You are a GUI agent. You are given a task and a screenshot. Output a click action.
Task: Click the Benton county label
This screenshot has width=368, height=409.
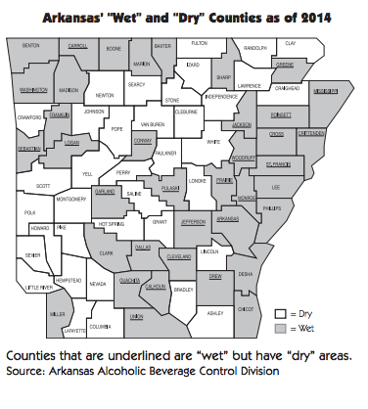[x=31, y=46]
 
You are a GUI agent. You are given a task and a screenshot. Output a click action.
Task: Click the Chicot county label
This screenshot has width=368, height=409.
[x=247, y=308]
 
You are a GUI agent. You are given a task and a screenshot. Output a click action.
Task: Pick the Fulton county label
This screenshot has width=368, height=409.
[x=199, y=44]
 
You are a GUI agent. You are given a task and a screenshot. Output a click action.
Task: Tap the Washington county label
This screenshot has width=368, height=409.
[x=31, y=89]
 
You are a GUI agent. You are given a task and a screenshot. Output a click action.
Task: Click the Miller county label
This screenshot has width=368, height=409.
[x=58, y=314]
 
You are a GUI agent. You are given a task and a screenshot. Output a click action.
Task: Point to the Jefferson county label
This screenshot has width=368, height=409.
[x=193, y=222]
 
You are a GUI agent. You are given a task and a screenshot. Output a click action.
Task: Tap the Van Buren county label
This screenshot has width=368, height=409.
[x=152, y=125]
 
